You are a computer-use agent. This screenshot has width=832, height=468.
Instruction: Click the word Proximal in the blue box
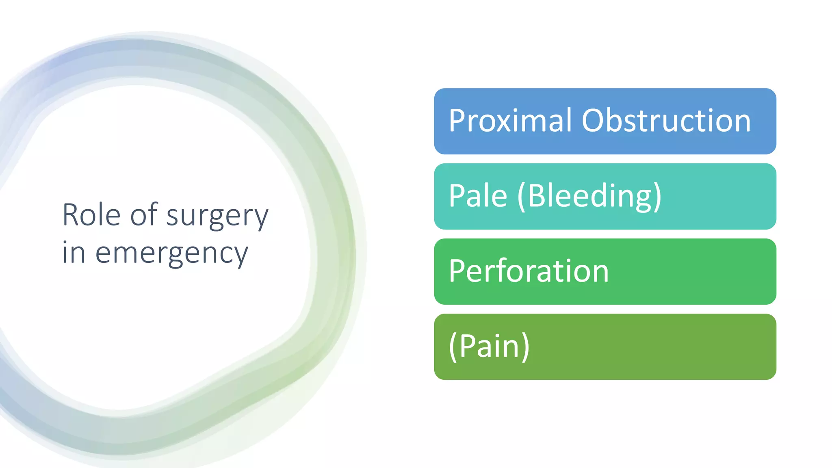[x=510, y=121]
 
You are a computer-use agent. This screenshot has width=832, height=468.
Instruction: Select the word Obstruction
[x=666, y=121]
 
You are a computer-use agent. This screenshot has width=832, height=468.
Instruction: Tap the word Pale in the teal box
[x=478, y=196]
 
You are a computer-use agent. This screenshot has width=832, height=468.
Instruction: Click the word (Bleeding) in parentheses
[x=589, y=196]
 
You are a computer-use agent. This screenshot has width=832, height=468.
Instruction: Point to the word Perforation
[x=529, y=271]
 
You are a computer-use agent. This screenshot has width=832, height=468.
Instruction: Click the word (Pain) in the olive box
[x=489, y=346]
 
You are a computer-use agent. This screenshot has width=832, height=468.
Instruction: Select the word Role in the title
[x=91, y=215]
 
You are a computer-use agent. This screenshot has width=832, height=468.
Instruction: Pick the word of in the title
[x=143, y=215]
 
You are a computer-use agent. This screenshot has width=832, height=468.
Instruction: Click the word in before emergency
[x=74, y=253]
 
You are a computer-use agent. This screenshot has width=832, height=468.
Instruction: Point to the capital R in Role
[x=70, y=215]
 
